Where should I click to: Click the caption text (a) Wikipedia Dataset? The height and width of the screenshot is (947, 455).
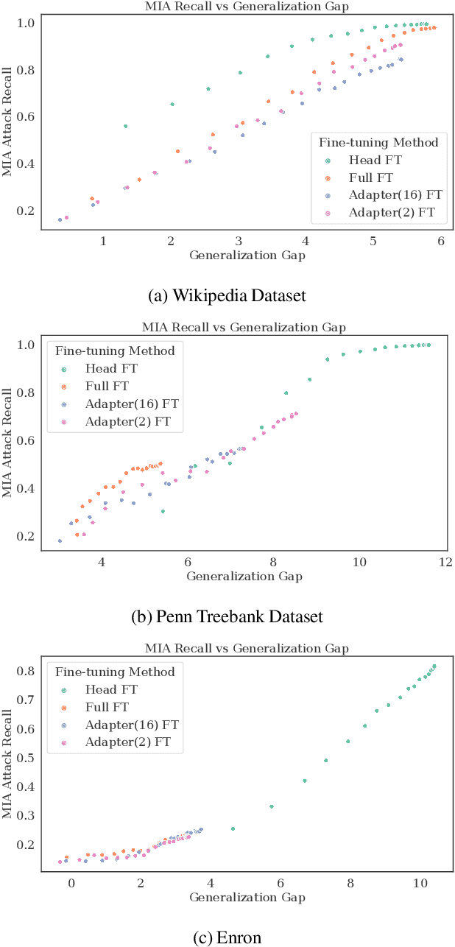pyautogui.click(x=227, y=295)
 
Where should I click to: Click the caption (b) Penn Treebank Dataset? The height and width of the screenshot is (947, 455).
pyautogui.click(x=227, y=616)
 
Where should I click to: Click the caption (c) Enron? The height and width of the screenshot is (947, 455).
pyautogui.click(x=227, y=937)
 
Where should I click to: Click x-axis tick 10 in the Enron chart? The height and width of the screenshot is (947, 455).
pyautogui.click(x=420, y=883)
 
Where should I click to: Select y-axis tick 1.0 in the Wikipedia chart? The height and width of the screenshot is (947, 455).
pyautogui.click(x=26, y=24)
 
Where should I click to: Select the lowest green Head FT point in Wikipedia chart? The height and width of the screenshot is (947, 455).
pyautogui.click(x=125, y=126)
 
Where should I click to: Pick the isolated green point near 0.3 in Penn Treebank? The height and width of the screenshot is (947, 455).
pyautogui.click(x=163, y=511)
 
